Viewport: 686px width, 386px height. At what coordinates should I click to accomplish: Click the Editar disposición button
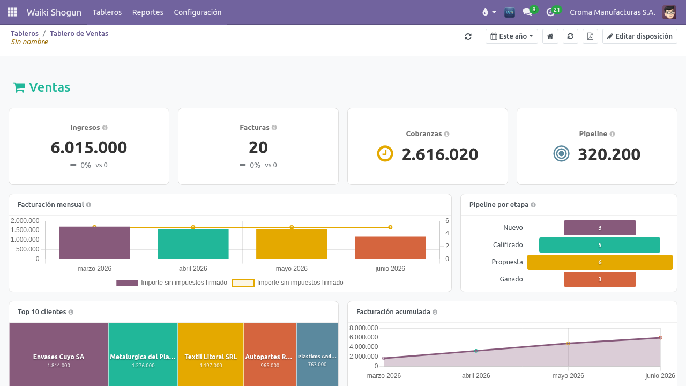tap(639, 36)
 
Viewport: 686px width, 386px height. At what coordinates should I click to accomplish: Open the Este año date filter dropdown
tap(511, 36)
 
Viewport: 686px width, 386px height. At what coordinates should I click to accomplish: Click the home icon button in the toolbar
tap(550, 36)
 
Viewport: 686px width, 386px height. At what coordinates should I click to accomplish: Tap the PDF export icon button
tap(590, 36)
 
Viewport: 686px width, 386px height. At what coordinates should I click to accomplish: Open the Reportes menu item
tap(147, 12)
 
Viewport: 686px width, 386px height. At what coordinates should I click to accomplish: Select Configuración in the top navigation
tap(198, 12)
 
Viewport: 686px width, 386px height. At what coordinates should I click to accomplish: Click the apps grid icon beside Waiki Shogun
tap(12, 12)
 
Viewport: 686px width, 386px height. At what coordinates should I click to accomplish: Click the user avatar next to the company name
tap(669, 12)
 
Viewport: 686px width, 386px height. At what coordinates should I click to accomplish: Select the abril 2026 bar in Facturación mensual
tap(193, 244)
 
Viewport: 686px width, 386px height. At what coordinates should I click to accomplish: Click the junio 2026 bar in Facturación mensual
tap(390, 248)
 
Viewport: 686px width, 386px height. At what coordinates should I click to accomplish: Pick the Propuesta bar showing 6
tap(600, 262)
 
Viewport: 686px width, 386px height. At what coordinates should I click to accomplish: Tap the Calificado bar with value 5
tap(600, 245)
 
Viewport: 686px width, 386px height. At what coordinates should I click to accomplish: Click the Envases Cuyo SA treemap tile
tap(58, 354)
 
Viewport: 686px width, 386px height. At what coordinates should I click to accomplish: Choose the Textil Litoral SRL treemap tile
tap(211, 354)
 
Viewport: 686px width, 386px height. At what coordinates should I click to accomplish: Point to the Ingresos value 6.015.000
tap(89, 147)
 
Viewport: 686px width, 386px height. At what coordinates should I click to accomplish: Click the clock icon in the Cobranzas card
tap(385, 153)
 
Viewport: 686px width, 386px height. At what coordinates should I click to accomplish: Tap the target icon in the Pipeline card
tap(561, 153)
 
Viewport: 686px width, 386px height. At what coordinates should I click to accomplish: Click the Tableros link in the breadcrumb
tap(25, 33)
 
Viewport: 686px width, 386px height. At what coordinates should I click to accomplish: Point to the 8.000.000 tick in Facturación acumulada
tap(363, 328)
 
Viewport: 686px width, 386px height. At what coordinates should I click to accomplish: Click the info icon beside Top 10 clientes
tap(71, 312)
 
